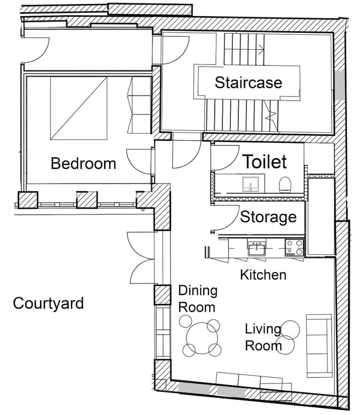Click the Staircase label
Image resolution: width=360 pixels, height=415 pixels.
(248, 82)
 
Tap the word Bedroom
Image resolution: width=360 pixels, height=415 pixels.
(83, 164)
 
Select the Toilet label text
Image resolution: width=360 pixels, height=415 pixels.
(265, 162)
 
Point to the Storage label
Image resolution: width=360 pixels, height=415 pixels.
(268, 217)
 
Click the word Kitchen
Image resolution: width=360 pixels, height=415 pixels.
(263, 274)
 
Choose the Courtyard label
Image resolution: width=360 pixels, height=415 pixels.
(48, 303)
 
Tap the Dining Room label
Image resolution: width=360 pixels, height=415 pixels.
(197, 299)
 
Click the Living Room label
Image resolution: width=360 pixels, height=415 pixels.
(263, 337)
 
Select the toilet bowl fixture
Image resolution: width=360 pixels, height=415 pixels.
(285, 184)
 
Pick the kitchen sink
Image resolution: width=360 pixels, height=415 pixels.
(257, 249)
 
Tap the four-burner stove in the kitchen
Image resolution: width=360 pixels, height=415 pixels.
(294, 247)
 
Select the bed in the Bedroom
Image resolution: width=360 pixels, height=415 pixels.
(79, 107)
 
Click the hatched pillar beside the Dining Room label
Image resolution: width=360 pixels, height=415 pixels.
(162, 295)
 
